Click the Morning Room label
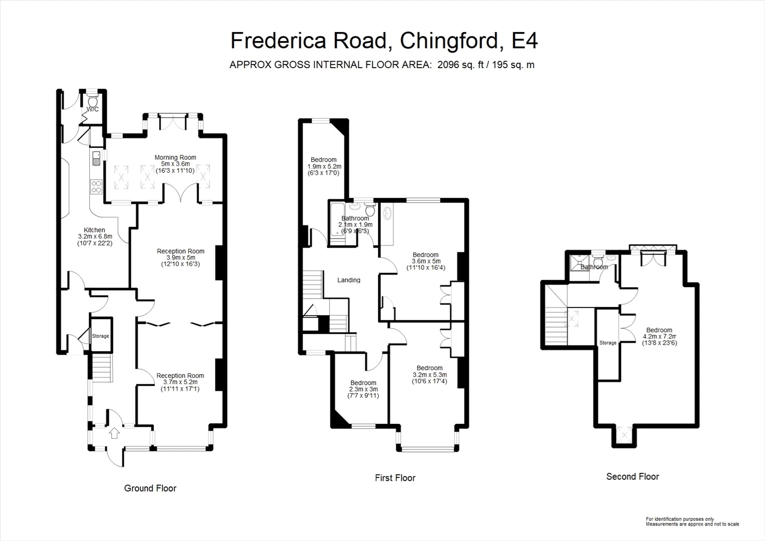click(175, 157)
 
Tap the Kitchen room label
click(94, 230)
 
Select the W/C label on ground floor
click(93, 109)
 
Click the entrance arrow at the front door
click(114, 432)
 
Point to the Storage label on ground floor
click(100, 336)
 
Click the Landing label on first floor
click(348, 280)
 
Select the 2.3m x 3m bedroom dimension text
click(363, 389)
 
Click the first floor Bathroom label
click(355, 218)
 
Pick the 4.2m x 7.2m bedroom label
click(659, 330)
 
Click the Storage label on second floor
click(608, 343)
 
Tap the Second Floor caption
click(632, 476)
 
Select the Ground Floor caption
click(150, 488)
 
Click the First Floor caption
click(395, 478)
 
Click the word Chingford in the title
click(450, 41)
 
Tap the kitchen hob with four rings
click(96, 187)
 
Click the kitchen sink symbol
click(96, 159)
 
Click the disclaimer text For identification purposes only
click(679, 519)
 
